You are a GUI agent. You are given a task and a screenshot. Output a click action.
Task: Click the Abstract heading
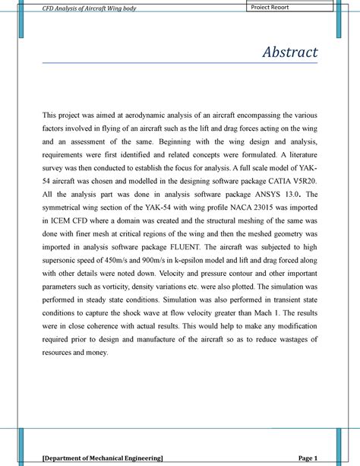click(290, 52)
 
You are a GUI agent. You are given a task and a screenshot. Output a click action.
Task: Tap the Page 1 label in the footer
click(308, 459)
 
